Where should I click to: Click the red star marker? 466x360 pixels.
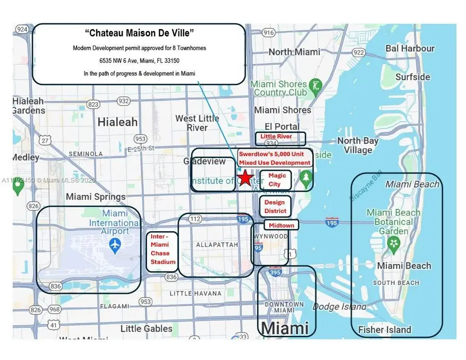245,177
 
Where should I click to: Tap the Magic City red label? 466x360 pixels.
277,180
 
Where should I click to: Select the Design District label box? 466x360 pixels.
274,206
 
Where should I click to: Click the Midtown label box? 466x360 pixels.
281,225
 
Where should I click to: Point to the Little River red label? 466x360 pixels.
276,137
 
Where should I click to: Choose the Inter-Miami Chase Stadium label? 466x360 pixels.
163,249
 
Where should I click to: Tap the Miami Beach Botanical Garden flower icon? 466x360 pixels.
394,243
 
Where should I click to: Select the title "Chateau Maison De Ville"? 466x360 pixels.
139,33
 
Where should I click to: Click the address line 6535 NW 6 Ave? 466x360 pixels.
139,61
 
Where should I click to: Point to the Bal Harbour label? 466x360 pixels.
410,48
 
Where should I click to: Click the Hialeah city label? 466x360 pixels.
118,122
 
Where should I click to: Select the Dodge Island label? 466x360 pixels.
339,306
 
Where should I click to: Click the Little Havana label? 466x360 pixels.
196,294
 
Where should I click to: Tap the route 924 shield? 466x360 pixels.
22,29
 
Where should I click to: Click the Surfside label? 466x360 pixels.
413,77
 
